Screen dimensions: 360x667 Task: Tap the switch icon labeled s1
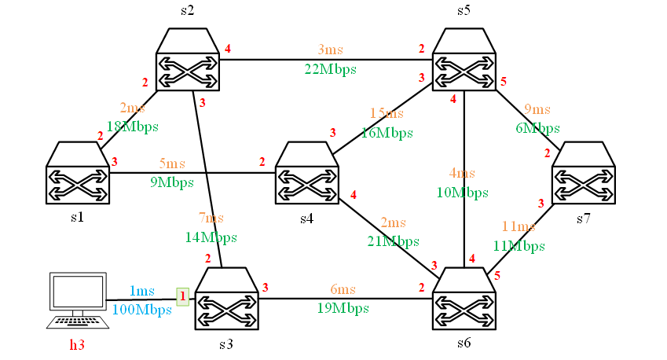coord(77,174)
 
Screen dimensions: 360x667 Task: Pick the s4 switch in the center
coord(306,174)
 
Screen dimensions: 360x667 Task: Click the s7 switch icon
coord(583,174)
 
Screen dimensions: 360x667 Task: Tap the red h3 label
coord(77,343)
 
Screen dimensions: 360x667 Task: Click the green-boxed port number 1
coord(183,296)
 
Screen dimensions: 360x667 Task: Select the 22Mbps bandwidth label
coord(330,69)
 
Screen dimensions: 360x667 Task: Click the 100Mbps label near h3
coord(141,310)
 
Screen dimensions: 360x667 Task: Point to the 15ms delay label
coord(387,114)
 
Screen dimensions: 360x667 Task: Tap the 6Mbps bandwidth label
coord(537,128)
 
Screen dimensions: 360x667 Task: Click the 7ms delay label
coord(210,218)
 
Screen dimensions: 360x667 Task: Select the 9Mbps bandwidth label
coord(171,183)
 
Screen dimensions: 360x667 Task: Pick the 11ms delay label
coord(518,227)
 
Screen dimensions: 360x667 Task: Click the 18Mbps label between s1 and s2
coord(132,127)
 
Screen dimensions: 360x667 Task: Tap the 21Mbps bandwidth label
coord(393,241)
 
